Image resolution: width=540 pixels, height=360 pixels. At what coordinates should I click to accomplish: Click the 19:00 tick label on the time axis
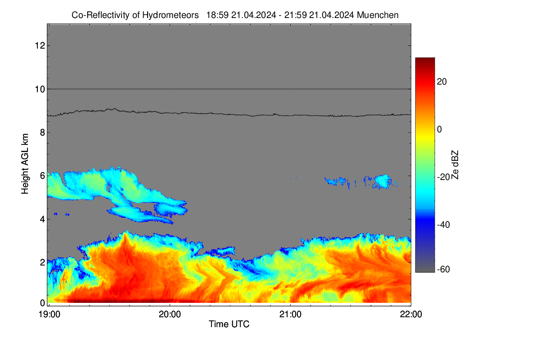49,315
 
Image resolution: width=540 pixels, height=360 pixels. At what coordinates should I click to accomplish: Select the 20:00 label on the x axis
170,315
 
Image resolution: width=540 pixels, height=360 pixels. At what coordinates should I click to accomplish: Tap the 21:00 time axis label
290,315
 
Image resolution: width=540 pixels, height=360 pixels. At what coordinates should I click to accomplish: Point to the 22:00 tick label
411,315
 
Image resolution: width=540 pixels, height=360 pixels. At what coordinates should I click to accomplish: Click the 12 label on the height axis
40,45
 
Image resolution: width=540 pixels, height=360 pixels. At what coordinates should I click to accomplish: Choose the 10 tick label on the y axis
40,89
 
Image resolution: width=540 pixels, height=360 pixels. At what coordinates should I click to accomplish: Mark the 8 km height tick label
43,132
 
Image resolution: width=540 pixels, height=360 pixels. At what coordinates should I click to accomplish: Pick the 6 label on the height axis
43,176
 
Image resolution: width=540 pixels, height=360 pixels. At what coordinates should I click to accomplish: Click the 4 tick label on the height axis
43,219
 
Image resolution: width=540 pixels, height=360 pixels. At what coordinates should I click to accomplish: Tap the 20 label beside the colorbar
442,82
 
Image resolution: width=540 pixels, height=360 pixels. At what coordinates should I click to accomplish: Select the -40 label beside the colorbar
444,225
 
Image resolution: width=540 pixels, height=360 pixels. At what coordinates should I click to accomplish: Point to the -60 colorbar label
444,270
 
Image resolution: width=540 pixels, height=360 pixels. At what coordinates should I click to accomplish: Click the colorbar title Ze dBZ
454,165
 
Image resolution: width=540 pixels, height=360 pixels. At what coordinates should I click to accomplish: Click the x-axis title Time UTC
229,324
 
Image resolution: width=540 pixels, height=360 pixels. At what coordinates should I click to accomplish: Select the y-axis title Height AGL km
25,164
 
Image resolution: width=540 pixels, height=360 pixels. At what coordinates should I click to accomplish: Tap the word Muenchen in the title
378,15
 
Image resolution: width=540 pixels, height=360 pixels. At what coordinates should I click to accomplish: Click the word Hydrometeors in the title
171,15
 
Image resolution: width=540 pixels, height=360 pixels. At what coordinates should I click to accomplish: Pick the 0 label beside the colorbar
440,130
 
